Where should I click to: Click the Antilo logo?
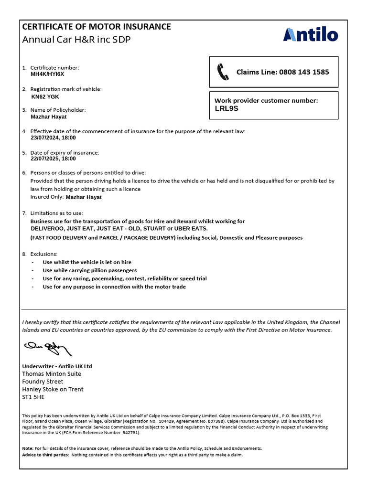pos(310,35)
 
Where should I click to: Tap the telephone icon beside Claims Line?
pos(223,72)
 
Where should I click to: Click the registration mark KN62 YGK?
pos(45,96)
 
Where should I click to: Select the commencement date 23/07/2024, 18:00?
pos(53,138)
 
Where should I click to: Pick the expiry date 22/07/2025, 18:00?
pos(53,159)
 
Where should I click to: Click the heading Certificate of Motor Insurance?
pos(97,27)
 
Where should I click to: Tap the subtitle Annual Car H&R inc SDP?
pos(76,39)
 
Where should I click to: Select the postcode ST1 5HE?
pos(33,397)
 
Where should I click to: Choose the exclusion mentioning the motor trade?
pos(114,287)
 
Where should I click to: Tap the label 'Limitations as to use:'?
pos(60,213)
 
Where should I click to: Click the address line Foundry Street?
pos(43,382)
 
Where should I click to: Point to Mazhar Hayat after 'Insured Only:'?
pos(84,197)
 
